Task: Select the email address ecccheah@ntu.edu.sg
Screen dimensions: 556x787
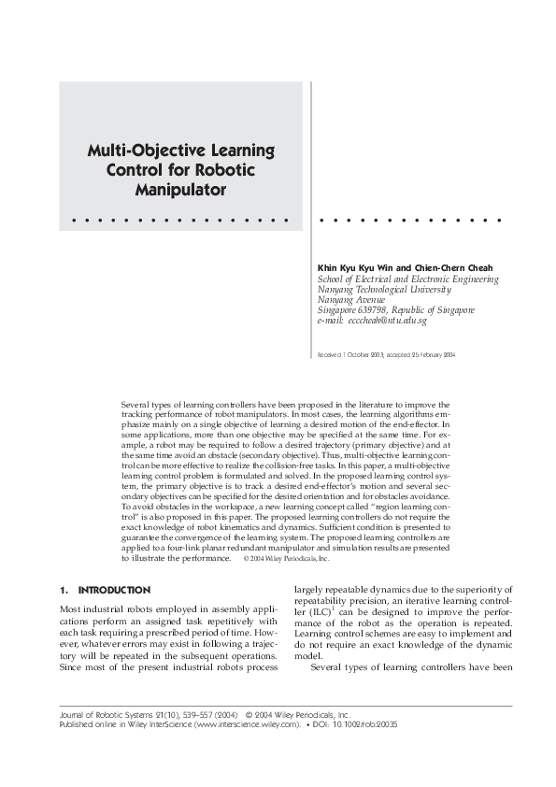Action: point(387,321)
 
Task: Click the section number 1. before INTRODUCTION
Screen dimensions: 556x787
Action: point(63,591)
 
